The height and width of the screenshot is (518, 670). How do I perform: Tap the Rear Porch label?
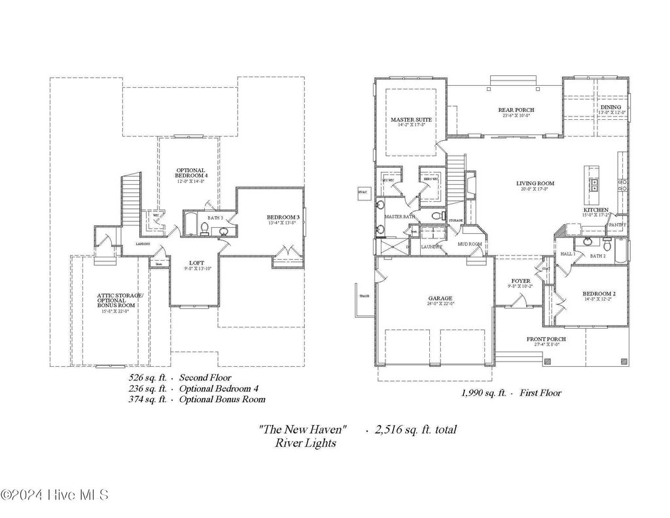tap(516, 110)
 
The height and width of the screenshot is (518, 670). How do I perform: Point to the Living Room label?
tap(537, 184)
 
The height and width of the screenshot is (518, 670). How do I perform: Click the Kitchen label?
tap(596, 210)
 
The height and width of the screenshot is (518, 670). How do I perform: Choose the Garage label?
tap(440, 299)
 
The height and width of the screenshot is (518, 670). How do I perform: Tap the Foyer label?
tap(521, 282)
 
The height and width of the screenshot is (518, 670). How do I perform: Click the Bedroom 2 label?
tap(599, 294)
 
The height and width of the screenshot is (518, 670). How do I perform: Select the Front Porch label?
tap(546, 339)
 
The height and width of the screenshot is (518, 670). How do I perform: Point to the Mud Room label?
tap(470, 244)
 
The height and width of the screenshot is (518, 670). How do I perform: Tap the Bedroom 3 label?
tap(283, 218)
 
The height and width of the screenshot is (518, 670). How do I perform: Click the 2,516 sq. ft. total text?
tap(415, 430)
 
